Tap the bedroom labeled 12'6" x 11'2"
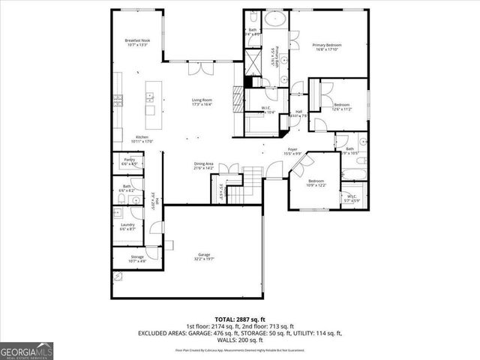tap(342, 106)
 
